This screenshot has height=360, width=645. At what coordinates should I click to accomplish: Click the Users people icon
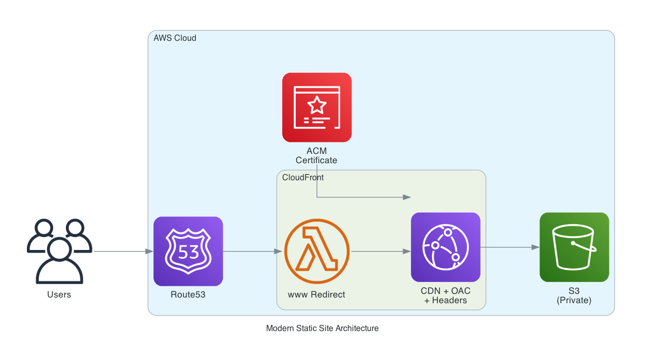click(59, 251)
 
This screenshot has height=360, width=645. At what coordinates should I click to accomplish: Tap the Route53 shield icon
click(188, 251)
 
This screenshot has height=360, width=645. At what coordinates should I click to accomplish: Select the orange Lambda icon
click(317, 251)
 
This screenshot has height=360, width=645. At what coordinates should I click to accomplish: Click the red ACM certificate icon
click(317, 107)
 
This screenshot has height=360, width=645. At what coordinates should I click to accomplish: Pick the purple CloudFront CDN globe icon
click(446, 247)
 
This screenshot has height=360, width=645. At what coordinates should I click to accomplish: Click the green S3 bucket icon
click(574, 247)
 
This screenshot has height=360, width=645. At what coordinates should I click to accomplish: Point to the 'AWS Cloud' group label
click(175, 38)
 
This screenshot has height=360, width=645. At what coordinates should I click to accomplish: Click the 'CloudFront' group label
click(303, 178)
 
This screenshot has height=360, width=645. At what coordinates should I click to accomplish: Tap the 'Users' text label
click(59, 295)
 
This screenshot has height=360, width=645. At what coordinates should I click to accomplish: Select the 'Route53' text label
click(188, 295)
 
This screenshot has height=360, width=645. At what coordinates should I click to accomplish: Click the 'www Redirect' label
click(316, 295)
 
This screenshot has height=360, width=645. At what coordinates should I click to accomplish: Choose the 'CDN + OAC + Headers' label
click(446, 295)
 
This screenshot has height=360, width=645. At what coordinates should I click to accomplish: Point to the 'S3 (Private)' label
click(574, 295)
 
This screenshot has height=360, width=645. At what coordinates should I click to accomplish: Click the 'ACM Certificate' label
click(316, 155)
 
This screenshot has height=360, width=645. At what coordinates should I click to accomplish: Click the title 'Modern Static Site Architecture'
click(322, 328)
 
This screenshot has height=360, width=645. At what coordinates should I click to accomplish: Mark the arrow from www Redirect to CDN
click(380, 252)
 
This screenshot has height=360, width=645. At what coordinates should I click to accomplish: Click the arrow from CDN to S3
click(509, 247)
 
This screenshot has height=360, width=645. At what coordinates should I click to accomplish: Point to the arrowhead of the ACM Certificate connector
click(407, 197)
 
